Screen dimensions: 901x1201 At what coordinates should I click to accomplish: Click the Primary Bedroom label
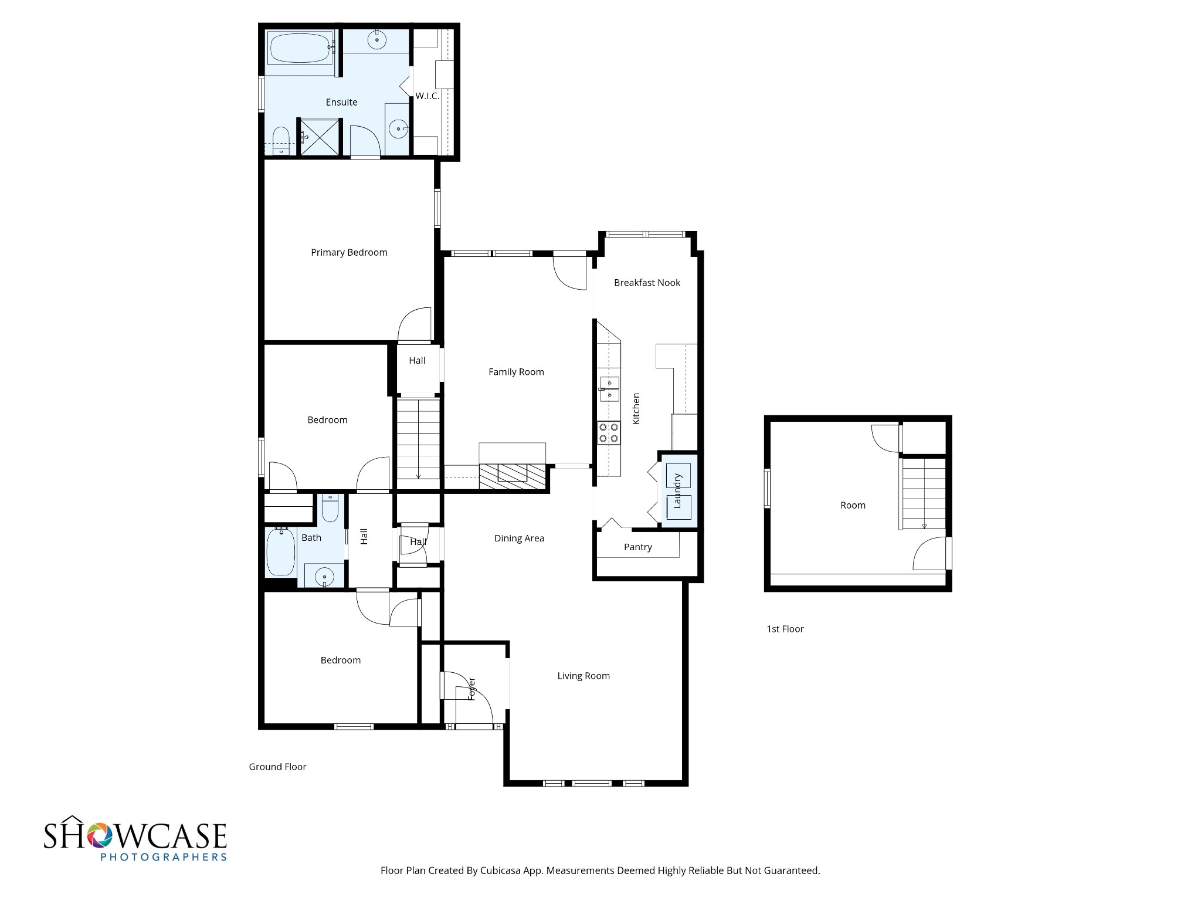point(349,253)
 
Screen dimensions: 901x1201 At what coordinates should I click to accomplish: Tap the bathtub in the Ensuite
point(300,48)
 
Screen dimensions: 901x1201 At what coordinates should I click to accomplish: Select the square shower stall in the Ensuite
point(320,137)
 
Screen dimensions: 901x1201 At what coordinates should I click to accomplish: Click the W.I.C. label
point(428,96)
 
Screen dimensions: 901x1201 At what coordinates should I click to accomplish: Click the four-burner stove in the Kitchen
point(608,433)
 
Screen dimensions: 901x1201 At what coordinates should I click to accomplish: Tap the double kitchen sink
point(609,389)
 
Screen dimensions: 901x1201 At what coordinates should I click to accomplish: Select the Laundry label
point(677,490)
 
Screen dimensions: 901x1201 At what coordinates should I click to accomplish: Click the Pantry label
point(637,547)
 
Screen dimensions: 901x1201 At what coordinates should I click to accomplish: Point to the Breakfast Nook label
point(647,283)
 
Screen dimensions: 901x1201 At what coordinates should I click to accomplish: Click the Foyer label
point(471,689)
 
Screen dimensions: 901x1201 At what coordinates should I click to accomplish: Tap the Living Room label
point(583,676)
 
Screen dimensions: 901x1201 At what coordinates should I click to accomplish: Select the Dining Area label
point(519,538)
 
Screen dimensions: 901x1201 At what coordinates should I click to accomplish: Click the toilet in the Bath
point(330,509)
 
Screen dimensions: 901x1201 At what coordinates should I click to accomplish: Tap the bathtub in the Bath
point(281,552)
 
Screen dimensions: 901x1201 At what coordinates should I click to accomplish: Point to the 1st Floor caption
point(785,629)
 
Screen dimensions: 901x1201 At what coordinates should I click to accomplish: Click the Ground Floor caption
point(277,767)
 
